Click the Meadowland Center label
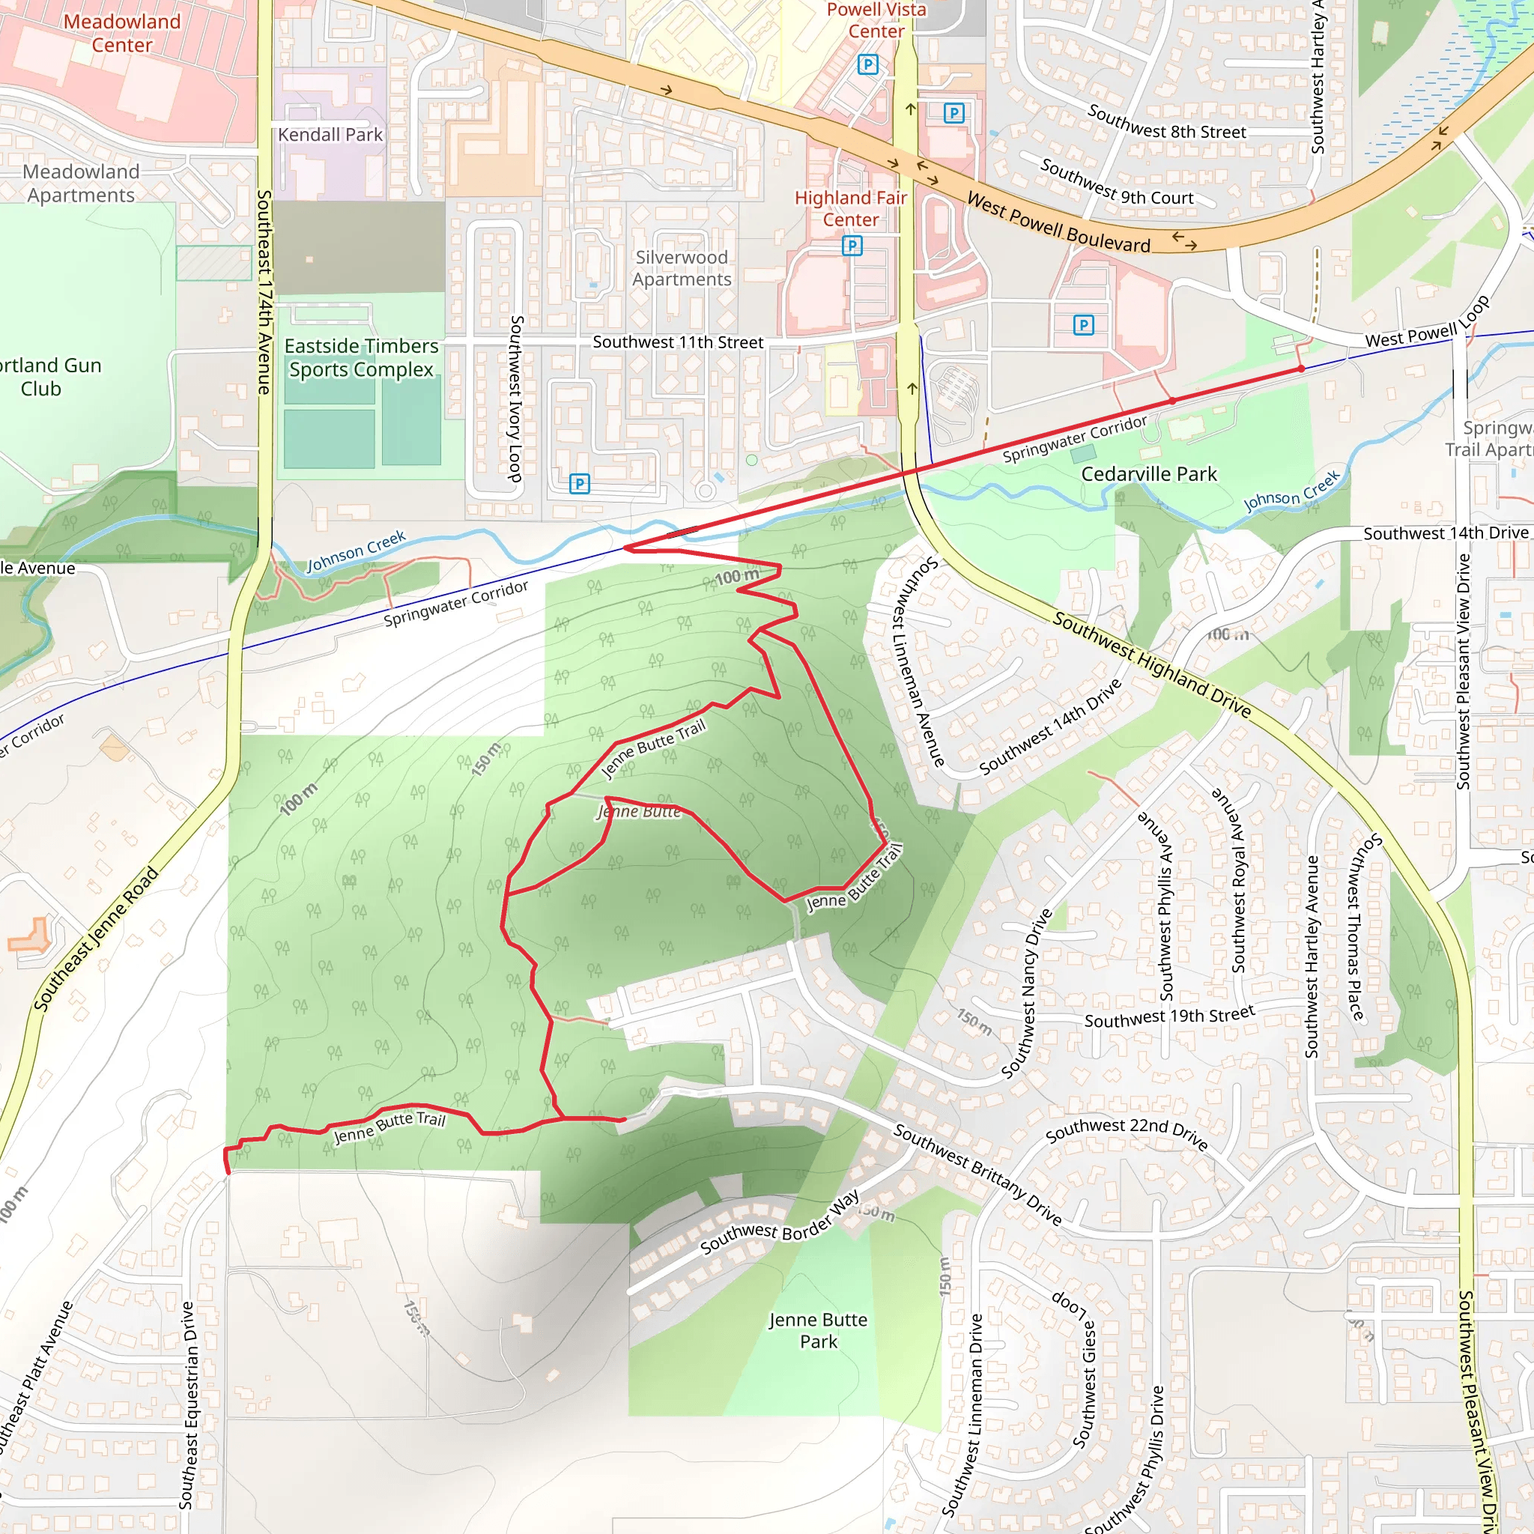121,34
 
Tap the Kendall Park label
330,135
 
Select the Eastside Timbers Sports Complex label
361,357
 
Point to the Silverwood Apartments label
682,268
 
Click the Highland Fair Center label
850,208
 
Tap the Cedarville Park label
1148,474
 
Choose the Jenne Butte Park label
818,1331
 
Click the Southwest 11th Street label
677,342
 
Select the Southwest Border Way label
779,1222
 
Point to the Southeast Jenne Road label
96,939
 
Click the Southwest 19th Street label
1168,1016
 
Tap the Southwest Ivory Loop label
516,398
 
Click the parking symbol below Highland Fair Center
852,246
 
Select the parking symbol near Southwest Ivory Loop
580,484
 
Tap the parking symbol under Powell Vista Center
868,64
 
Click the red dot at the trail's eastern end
1300,369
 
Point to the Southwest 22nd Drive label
1127,1133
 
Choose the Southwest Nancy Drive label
1026,993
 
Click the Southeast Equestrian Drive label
187,1404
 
